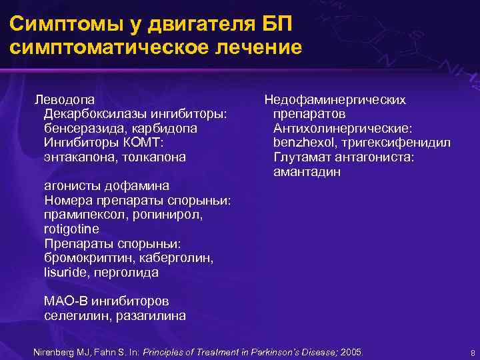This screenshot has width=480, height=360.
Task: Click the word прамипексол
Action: (x=85, y=215)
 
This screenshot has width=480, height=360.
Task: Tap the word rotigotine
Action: (x=71, y=229)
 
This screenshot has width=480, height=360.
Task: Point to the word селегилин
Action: (x=75, y=316)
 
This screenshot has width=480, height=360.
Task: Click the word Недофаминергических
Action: (x=335, y=99)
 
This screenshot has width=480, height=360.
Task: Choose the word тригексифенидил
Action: (x=394, y=143)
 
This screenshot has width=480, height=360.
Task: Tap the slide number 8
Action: (x=472, y=352)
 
